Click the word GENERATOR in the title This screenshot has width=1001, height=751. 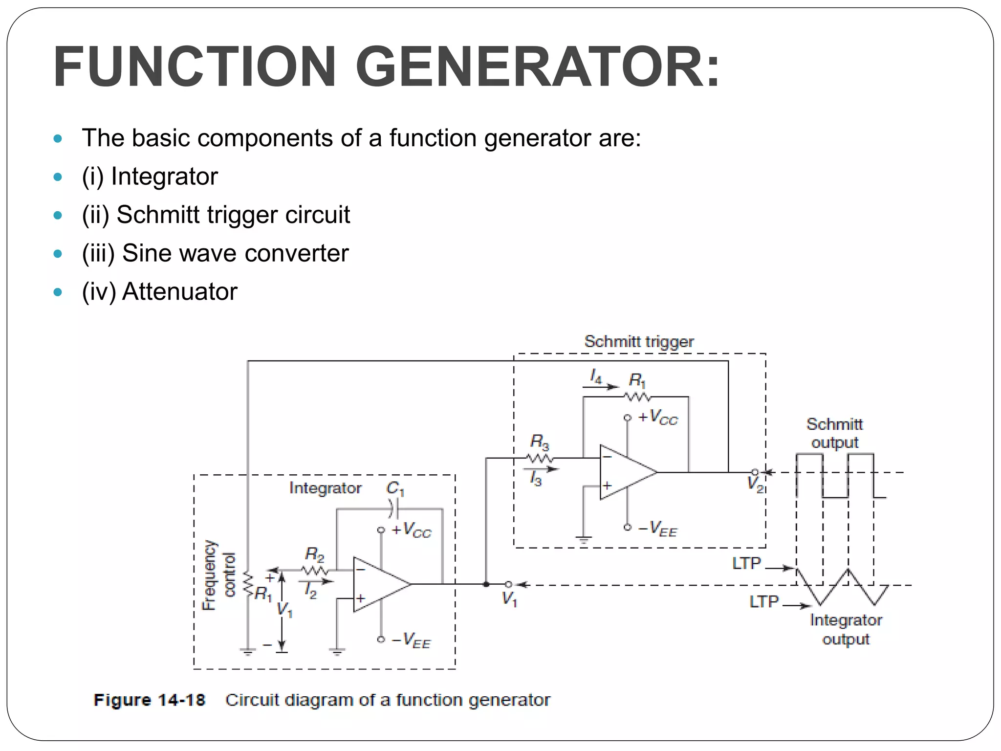538,66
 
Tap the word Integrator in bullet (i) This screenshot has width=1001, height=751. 164,176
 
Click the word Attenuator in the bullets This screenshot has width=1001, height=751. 179,292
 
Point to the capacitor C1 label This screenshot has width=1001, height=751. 395,488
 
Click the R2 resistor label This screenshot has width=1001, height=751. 314,554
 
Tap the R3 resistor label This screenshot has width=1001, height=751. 540,442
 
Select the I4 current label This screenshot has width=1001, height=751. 595,376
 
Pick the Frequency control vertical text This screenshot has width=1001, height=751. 218,575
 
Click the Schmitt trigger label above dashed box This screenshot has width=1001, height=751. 639,341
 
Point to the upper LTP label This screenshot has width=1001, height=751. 746,563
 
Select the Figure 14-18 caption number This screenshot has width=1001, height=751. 149,700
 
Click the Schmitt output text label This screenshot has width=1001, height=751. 834,433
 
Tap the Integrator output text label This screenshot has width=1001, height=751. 846,629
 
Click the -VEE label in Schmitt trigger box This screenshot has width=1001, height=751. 658,529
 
